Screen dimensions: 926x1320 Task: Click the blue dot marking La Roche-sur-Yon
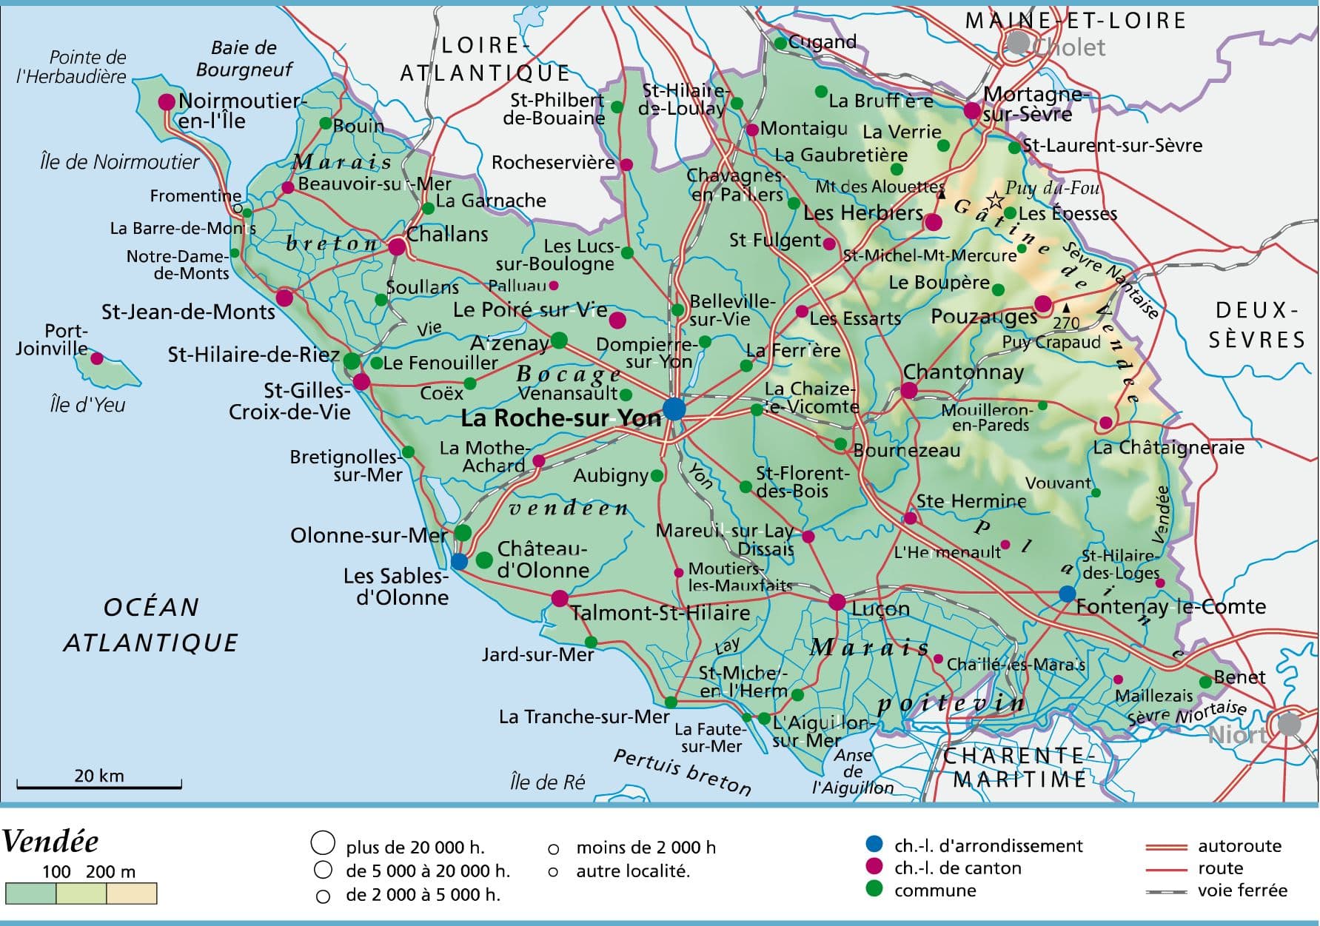click(674, 409)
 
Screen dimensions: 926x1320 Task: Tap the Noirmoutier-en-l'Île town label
click(241, 110)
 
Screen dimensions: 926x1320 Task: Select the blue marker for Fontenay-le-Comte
click(1067, 594)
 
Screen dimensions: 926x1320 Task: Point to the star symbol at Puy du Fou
click(996, 200)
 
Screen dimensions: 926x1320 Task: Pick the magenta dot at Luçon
click(837, 602)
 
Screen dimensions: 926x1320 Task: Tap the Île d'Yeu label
click(87, 405)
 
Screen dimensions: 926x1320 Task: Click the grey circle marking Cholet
click(1018, 43)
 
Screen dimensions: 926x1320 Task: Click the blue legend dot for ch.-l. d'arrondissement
click(874, 844)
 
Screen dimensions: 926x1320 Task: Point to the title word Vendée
click(50, 842)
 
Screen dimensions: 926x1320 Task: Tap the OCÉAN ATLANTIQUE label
click(151, 625)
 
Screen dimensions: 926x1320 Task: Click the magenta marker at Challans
click(397, 246)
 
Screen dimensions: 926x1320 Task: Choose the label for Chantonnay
click(963, 372)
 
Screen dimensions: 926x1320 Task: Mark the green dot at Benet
click(1205, 682)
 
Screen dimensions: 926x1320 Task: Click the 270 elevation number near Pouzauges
click(1066, 323)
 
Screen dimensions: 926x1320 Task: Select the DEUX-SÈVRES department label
click(1256, 325)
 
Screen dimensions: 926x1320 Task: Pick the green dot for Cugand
click(780, 44)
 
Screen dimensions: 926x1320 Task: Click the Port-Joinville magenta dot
click(97, 359)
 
